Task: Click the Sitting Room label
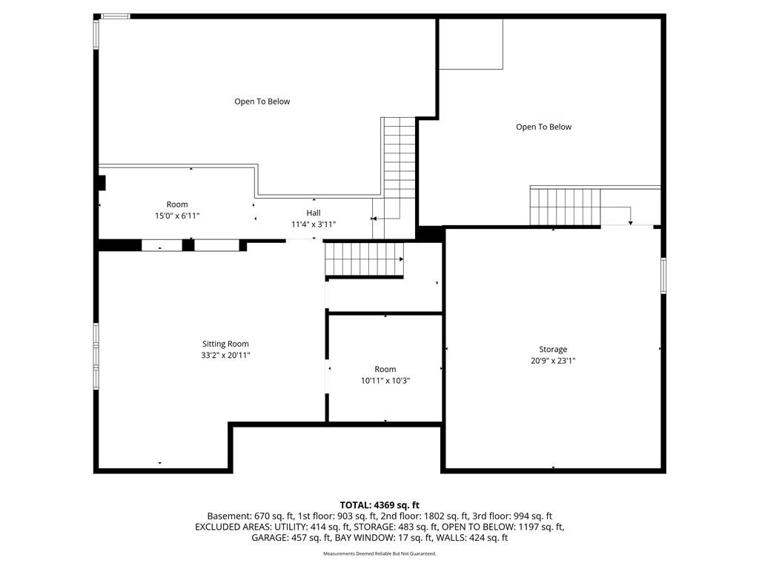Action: tap(225, 344)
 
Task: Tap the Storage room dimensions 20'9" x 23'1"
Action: tap(553, 361)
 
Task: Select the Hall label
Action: tap(314, 213)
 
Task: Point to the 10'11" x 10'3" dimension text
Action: tap(385, 381)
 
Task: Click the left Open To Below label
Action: tap(262, 102)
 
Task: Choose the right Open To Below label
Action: tap(543, 127)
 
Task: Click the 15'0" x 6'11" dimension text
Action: tap(177, 216)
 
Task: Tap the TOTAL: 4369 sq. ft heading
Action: tap(379, 505)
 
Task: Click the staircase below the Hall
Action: tap(364, 259)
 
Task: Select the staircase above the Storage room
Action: tap(566, 207)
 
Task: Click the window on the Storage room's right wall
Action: tap(663, 276)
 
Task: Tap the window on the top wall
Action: tap(115, 16)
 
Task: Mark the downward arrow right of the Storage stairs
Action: tap(630, 216)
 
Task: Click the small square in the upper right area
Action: tap(471, 44)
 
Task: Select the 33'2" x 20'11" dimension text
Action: tap(225, 355)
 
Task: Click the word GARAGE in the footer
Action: tap(268, 538)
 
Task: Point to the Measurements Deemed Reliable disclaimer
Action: tap(379, 553)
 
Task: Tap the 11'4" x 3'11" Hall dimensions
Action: tap(314, 224)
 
